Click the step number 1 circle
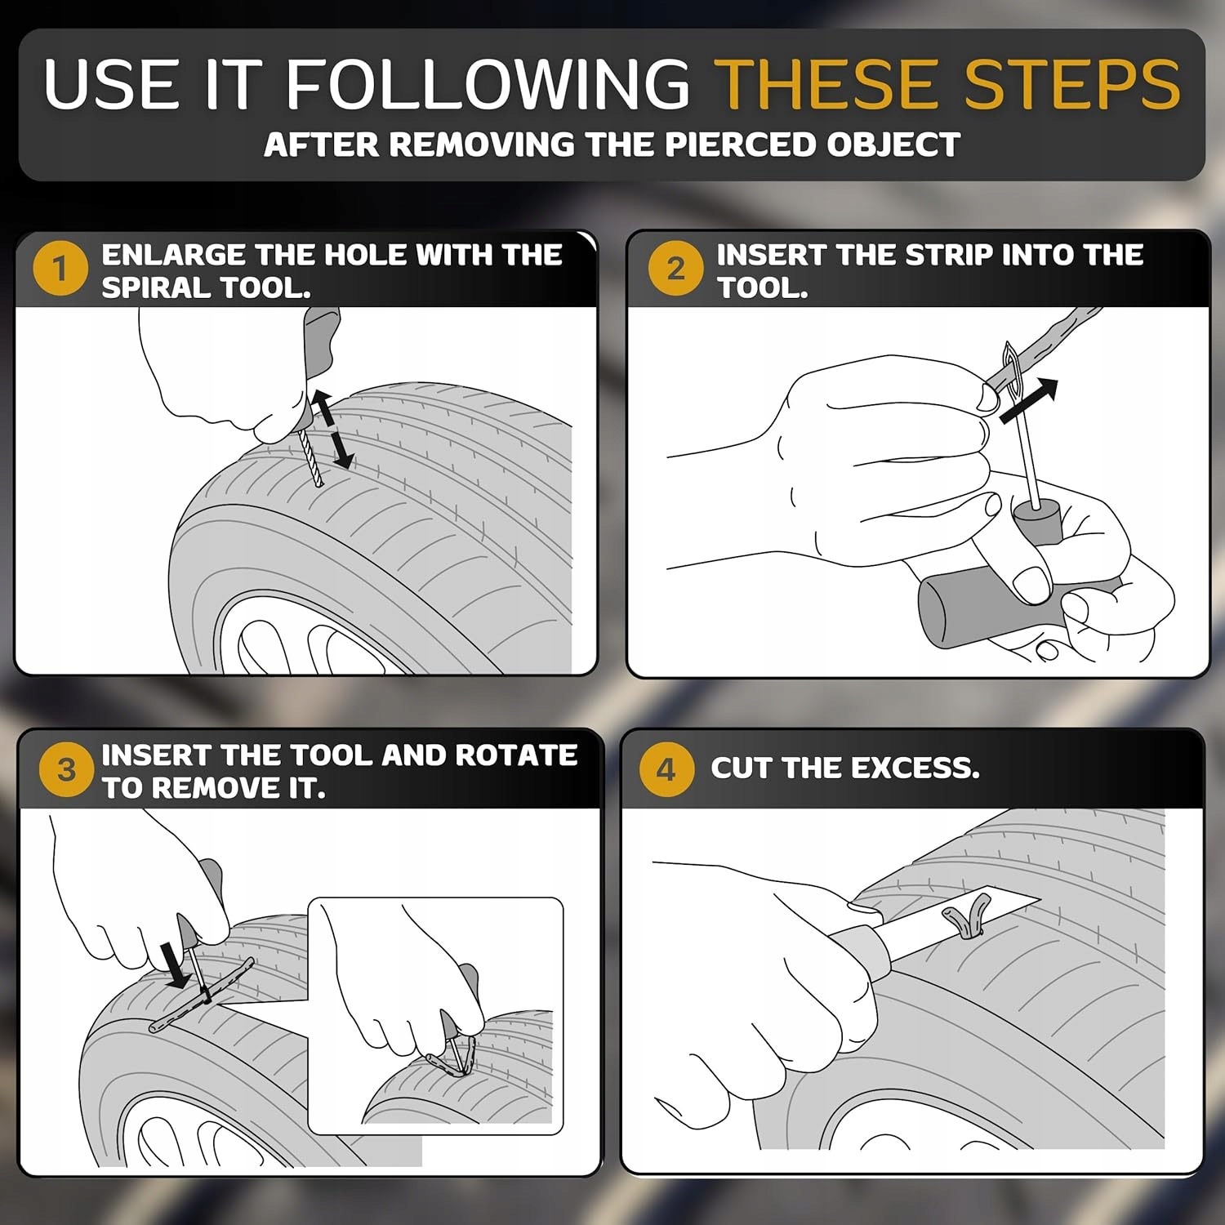(60, 268)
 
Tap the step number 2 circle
(675, 268)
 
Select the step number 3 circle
(66, 768)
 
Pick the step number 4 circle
(666, 768)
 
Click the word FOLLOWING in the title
(488, 84)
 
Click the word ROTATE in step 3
(516, 755)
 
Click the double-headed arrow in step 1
(333, 430)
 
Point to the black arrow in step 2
(1029, 401)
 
